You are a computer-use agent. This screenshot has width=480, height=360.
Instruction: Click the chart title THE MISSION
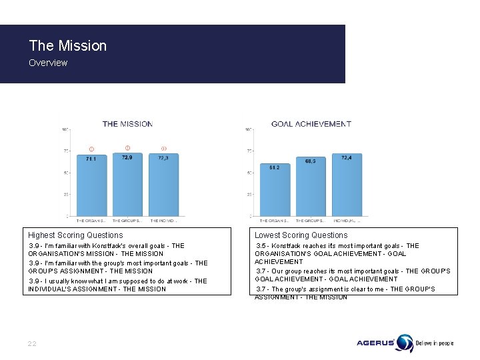(127, 123)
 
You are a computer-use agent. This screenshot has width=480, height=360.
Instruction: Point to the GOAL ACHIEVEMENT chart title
(311, 123)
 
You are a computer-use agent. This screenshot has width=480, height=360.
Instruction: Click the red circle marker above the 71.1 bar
(91, 149)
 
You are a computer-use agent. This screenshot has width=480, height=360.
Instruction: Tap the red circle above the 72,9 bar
(127, 147)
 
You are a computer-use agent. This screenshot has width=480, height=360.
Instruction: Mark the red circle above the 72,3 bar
(163, 148)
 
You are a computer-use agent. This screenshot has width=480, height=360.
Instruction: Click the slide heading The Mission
(67, 46)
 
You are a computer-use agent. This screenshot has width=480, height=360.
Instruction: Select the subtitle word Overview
(48, 63)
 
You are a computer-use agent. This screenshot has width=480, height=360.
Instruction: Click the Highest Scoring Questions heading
(75, 235)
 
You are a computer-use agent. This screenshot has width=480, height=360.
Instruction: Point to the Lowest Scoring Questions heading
(301, 235)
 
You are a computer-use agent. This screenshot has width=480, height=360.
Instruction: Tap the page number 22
(32, 343)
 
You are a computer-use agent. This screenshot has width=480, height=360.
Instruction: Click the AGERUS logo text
(376, 343)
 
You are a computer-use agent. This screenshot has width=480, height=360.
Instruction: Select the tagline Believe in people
(435, 343)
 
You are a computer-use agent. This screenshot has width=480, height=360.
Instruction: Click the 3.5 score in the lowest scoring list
(262, 246)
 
